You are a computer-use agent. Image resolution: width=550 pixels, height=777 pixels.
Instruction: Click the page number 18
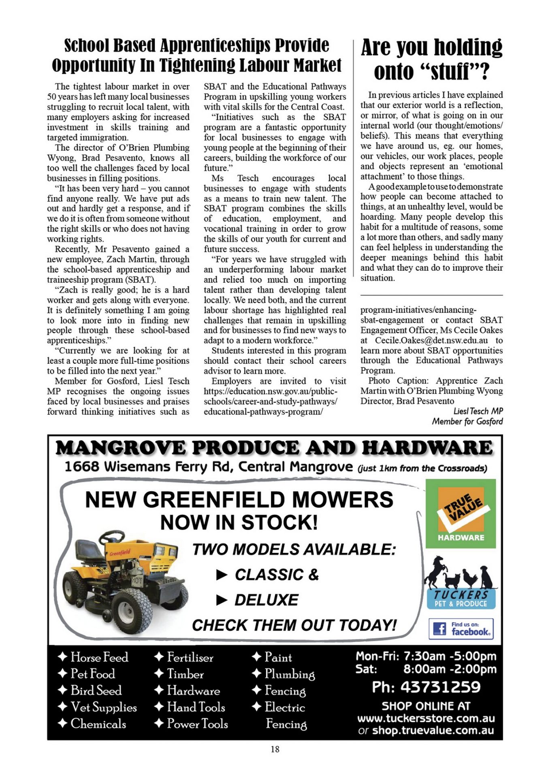(x=275, y=749)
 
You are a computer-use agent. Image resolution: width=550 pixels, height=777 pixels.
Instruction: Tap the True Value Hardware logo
(x=460, y=513)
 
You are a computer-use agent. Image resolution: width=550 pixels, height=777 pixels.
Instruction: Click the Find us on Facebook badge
(x=461, y=628)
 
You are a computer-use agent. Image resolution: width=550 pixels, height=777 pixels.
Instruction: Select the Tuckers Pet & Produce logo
(x=460, y=583)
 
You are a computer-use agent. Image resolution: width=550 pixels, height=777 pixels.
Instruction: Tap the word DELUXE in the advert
(x=266, y=600)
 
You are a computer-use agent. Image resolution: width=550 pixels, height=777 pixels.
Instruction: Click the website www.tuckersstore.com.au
(x=426, y=718)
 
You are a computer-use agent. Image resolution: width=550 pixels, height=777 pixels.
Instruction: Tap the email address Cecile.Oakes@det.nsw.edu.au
(x=431, y=340)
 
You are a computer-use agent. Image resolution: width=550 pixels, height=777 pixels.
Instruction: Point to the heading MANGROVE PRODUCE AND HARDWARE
(x=274, y=448)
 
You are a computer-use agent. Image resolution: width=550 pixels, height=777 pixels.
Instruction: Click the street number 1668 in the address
(x=82, y=467)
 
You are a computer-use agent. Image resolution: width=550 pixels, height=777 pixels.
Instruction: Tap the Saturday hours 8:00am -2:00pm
(x=450, y=669)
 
